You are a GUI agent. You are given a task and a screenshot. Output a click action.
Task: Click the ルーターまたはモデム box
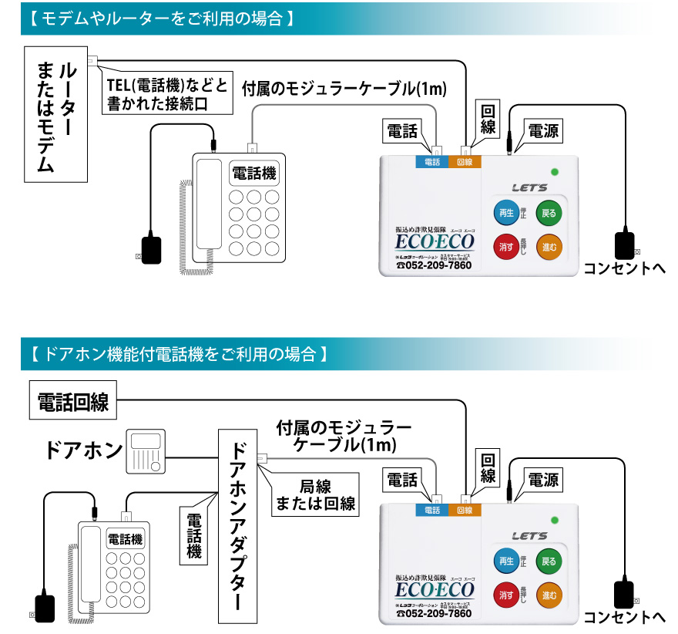pos(55,113)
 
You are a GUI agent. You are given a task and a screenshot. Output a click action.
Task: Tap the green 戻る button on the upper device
pos(548,213)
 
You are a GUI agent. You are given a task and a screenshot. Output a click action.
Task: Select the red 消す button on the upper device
pos(506,247)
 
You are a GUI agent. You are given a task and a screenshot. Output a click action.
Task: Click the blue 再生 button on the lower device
pos(506,561)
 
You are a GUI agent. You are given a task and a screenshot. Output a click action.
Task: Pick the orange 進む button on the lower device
pos(548,595)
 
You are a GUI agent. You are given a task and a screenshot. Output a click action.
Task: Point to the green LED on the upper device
pos(554,171)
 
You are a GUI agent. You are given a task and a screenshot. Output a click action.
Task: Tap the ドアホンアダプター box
pos(238,524)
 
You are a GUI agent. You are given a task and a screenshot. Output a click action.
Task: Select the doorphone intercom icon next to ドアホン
pos(145,452)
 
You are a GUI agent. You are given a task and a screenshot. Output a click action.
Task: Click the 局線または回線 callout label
pos(316,494)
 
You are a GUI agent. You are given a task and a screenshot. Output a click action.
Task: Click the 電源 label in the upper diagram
pos(543,131)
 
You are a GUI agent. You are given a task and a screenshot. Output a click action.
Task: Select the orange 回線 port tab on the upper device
pos(464,162)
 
